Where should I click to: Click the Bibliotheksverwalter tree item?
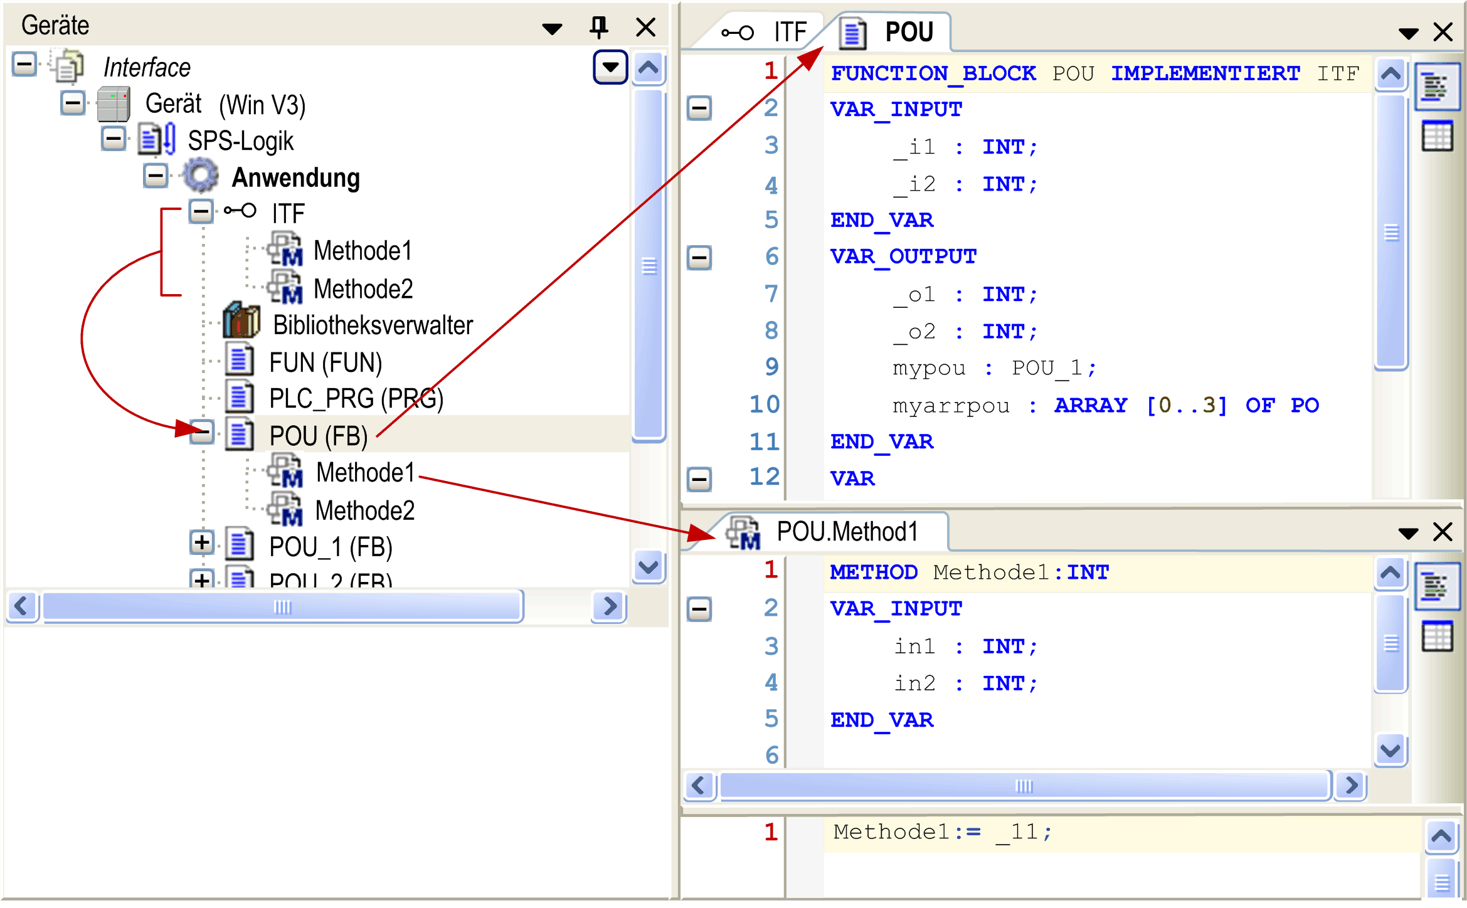(x=373, y=325)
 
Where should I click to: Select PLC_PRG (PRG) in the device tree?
(x=356, y=399)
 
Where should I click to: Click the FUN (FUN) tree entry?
(x=326, y=362)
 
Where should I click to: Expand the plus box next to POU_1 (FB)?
(x=201, y=543)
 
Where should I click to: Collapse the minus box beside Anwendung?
(x=156, y=176)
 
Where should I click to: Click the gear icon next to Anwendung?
(x=201, y=176)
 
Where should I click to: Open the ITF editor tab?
(x=764, y=32)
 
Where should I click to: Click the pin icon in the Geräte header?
(x=599, y=28)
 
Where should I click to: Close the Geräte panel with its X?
(x=645, y=28)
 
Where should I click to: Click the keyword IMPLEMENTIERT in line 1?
(x=1205, y=73)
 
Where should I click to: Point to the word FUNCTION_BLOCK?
(x=933, y=73)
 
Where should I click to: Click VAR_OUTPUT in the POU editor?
(x=903, y=256)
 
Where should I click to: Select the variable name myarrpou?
(x=951, y=406)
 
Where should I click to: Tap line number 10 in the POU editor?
(x=765, y=404)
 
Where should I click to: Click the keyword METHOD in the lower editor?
(x=874, y=573)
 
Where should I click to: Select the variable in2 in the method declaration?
(x=914, y=683)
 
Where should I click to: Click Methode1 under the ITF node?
(x=363, y=251)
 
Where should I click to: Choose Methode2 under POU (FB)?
(x=365, y=510)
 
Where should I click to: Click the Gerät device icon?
(x=114, y=104)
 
